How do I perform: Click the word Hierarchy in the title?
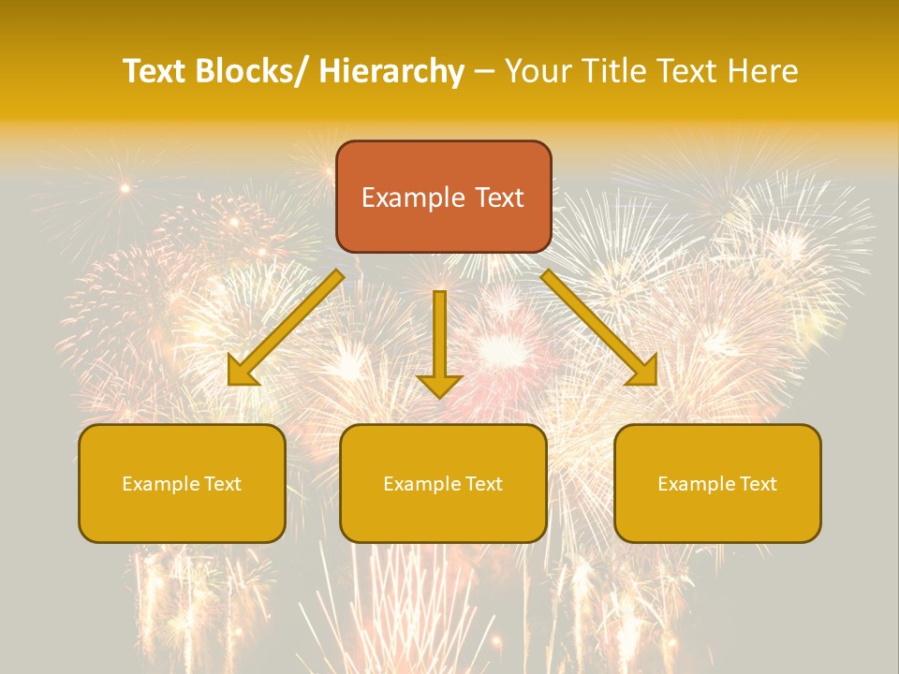tap(391, 71)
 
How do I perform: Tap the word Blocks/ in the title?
tap(252, 71)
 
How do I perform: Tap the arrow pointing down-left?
tap(286, 328)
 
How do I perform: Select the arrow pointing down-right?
tap(599, 328)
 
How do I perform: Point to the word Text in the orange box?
tap(498, 198)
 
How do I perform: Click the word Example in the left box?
tap(160, 484)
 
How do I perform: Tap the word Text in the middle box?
tap(484, 484)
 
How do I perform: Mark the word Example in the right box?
tap(696, 484)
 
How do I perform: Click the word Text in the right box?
tap(759, 484)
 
